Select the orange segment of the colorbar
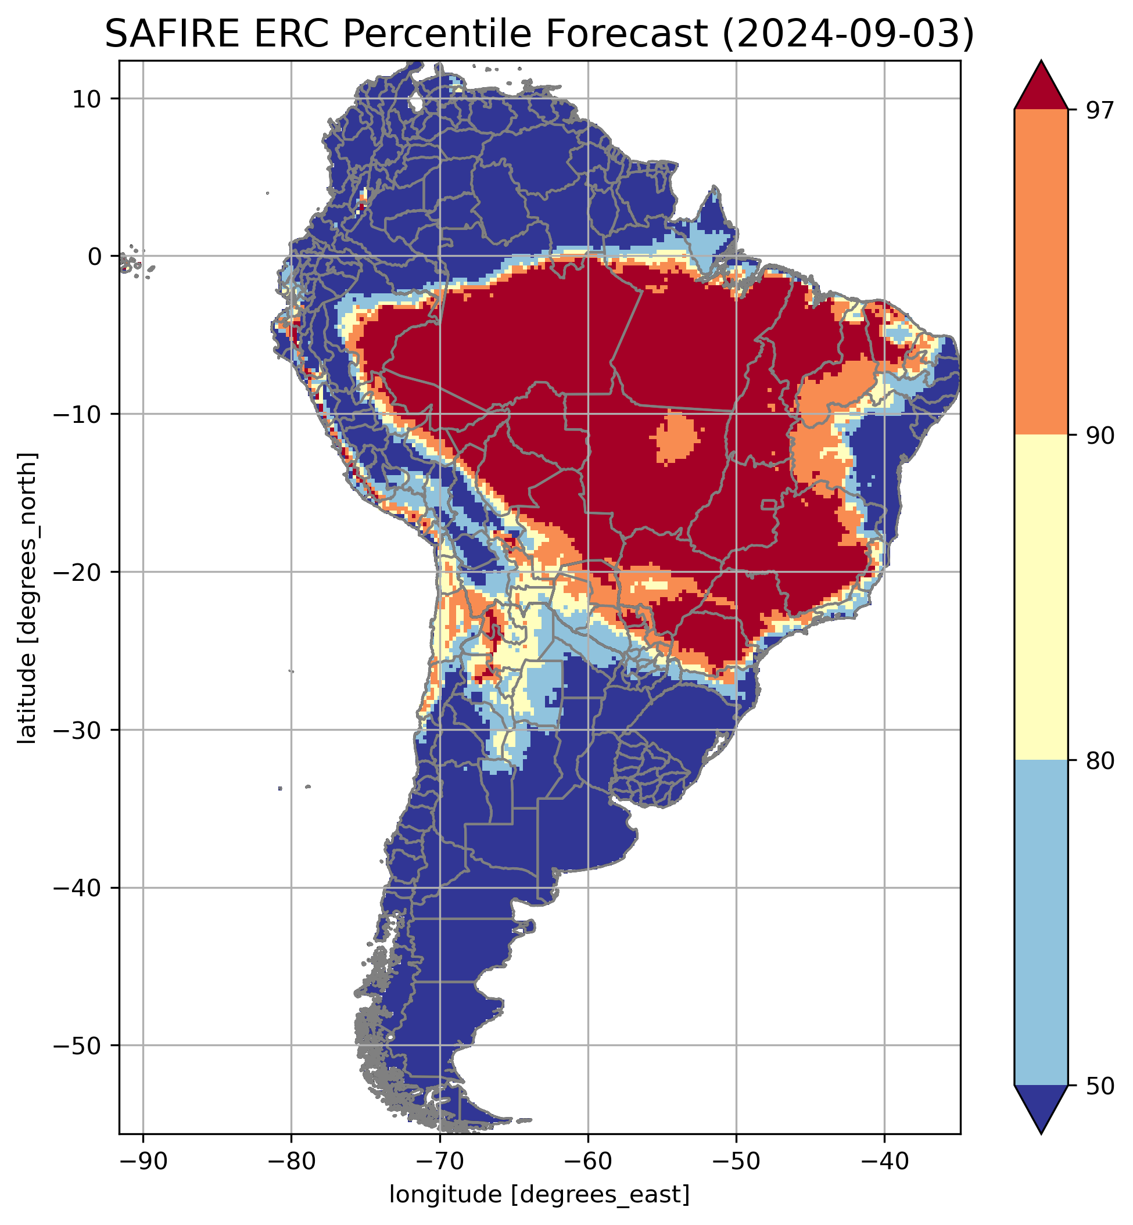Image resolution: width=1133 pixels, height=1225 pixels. pyautogui.click(x=1041, y=272)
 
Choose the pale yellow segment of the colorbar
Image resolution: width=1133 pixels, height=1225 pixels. pyautogui.click(x=1041, y=598)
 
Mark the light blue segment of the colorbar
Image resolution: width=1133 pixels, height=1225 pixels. pyautogui.click(x=1041, y=922)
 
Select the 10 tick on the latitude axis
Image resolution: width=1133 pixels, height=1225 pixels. pyautogui.click(x=87, y=99)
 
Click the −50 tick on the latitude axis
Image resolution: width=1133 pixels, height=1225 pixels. pyautogui.click(x=76, y=1046)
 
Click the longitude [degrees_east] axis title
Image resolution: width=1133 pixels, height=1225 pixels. pyautogui.click(x=540, y=1194)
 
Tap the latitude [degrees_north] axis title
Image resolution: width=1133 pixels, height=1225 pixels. pyautogui.click(x=27, y=598)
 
